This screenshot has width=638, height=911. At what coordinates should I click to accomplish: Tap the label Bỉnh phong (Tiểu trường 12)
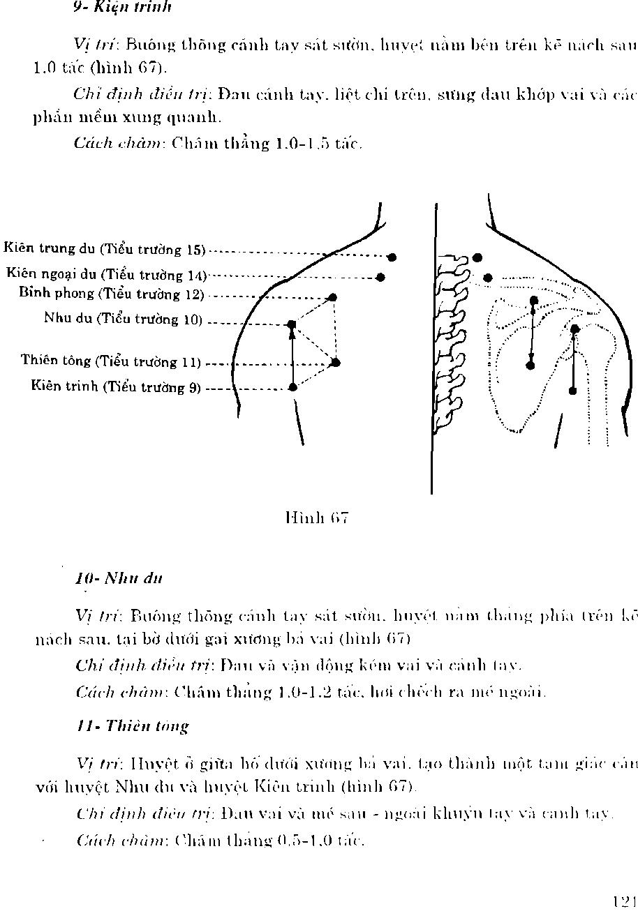[112, 294]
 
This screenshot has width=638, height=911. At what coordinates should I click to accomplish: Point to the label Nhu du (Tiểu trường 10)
[123, 319]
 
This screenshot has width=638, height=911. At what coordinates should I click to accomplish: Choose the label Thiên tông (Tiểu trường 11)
[111, 361]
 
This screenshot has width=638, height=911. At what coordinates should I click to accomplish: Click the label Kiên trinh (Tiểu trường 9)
[116, 386]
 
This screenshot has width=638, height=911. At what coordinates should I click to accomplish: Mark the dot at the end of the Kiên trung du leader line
[392, 257]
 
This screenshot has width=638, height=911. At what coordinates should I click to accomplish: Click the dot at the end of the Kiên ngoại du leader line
[380, 277]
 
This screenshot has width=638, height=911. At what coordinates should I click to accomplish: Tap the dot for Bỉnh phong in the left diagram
[333, 297]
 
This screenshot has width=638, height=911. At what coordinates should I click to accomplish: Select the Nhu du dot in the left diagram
[292, 324]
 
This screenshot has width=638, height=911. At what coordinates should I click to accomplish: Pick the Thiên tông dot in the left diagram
[336, 362]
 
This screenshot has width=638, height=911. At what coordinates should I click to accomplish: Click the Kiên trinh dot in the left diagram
[293, 386]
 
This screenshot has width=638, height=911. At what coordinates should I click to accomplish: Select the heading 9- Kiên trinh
[122, 8]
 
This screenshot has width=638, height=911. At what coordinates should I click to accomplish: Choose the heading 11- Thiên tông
[133, 726]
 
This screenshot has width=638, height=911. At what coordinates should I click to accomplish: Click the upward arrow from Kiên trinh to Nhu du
[292, 356]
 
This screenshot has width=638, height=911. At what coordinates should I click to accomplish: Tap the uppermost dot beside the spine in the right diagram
[477, 258]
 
